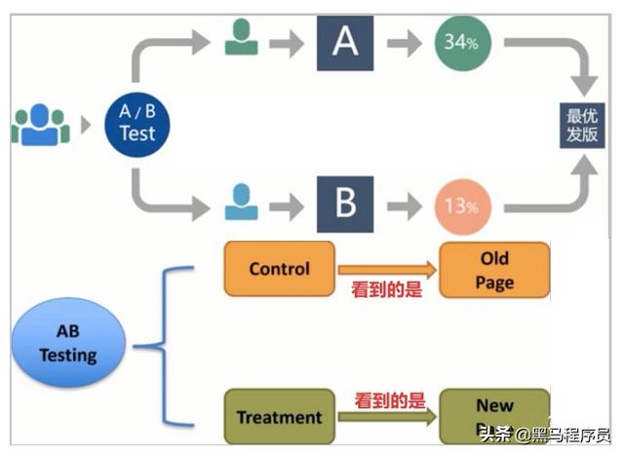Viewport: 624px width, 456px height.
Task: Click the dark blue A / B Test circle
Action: (x=137, y=124)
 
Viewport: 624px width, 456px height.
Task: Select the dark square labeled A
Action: (x=344, y=43)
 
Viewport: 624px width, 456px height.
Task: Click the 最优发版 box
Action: (x=582, y=125)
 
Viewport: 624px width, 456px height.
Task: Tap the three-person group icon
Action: (x=41, y=124)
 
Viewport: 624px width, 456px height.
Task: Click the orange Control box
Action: (x=279, y=269)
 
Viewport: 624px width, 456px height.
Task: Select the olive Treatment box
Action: (x=279, y=417)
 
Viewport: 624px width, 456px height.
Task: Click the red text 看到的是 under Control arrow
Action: (x=387, y=289)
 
